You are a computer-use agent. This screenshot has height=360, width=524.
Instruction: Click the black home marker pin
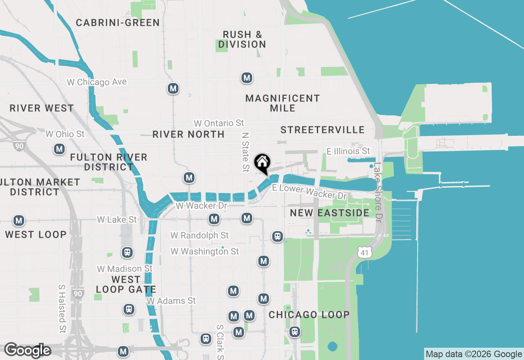pos(262,163)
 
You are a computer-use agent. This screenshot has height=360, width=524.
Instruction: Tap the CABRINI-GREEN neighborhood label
pos(118,22)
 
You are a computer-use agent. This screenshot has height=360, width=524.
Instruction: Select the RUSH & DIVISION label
pos(242,39)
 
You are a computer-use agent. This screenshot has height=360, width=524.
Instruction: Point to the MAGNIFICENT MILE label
pos(282,103)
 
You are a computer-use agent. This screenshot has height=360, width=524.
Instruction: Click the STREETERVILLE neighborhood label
pos(323,130)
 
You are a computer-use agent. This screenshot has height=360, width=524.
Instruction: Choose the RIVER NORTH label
pos(188,134)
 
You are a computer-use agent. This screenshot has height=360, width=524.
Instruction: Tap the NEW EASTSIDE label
pos(330,213)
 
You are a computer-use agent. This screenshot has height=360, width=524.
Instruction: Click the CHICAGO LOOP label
pos(309,315)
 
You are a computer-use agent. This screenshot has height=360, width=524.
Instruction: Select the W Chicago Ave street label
pos(97,82)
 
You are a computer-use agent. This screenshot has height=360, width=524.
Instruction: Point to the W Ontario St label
pos(219,123)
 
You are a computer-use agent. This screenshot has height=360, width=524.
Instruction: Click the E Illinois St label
pos(348,151)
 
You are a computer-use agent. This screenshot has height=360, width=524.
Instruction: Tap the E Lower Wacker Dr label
pos(309,191)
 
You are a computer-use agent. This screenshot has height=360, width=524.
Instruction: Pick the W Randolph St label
pos(199,235)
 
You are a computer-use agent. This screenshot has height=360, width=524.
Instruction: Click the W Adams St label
pos(172,301)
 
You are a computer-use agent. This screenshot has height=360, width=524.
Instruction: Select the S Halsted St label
pos(62,308)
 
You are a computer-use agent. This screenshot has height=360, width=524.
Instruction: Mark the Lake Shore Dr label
pos(377,190)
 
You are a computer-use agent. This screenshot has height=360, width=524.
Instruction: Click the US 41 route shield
pos(364,252)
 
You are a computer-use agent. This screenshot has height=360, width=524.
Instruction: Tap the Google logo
pos(28,350)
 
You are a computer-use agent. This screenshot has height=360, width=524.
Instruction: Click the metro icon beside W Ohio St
pos(60,149)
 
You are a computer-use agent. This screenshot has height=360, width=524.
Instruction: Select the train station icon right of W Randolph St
pos(278,236)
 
